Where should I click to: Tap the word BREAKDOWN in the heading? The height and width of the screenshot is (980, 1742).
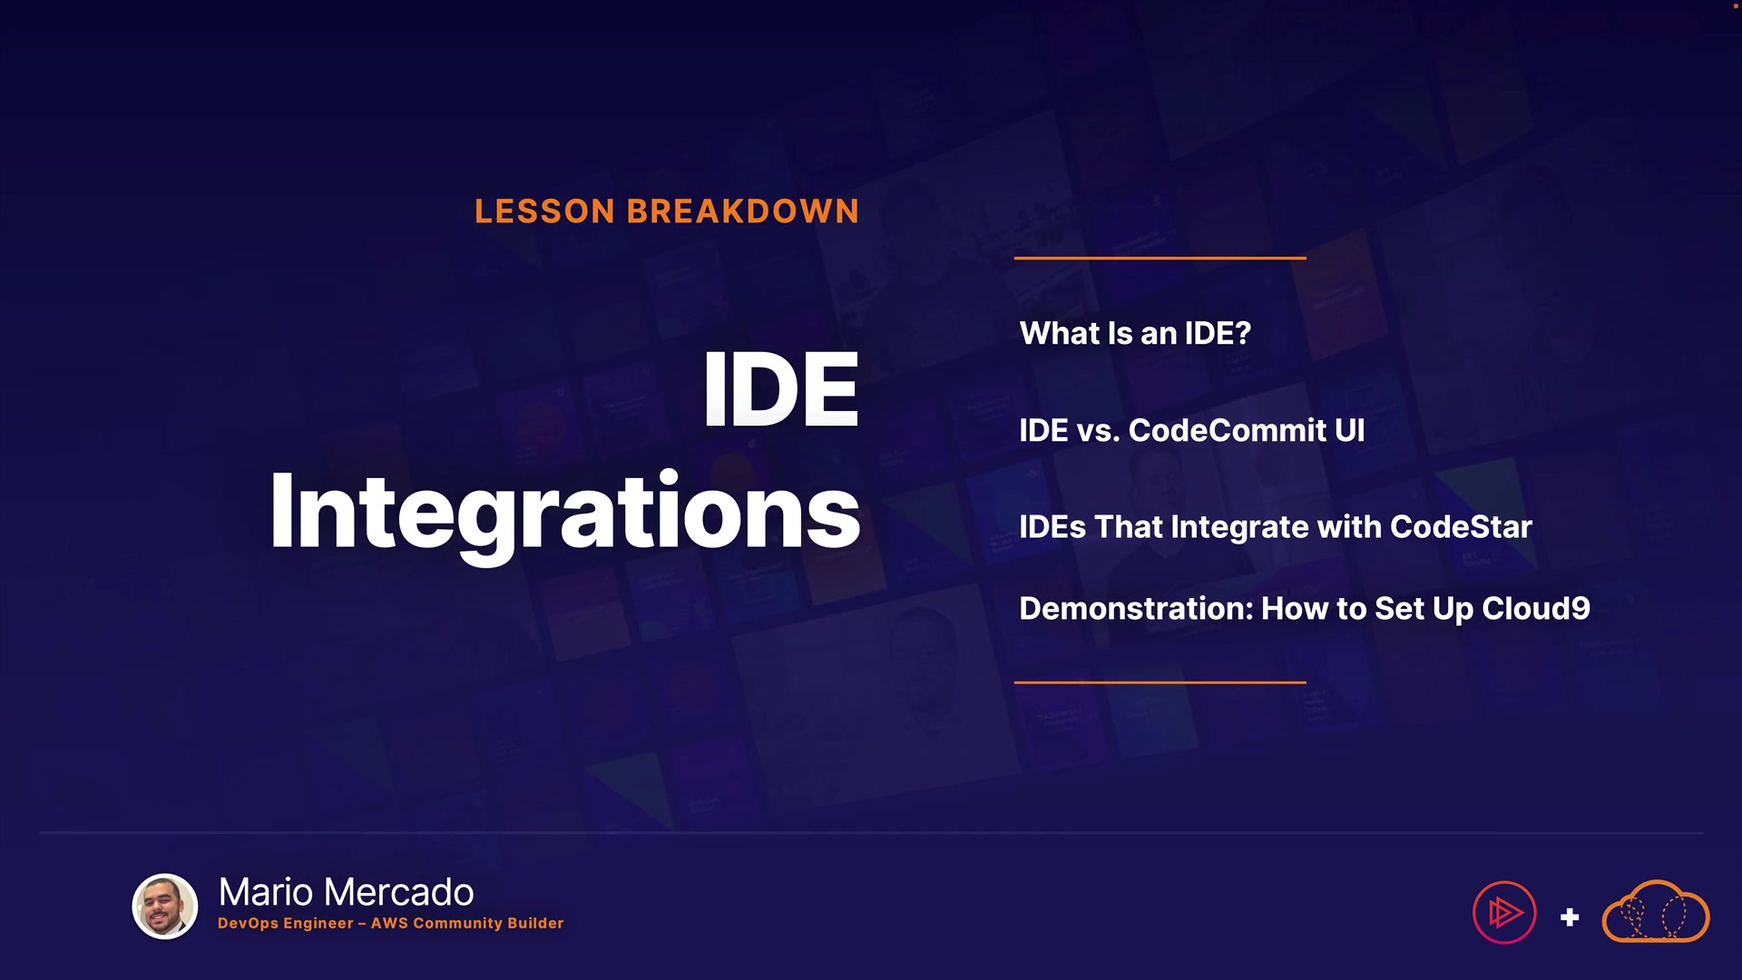(742, 211)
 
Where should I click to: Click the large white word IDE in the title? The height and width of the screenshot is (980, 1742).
(780, 389)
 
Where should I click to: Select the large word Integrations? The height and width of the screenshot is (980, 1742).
(564, 514)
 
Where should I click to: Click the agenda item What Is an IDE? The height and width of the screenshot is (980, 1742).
(1135, 333)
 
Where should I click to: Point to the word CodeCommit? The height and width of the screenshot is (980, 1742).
(1227, 430)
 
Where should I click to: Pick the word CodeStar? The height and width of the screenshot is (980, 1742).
(1461, 527)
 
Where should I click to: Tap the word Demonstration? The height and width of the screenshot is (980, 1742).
(1135, 608)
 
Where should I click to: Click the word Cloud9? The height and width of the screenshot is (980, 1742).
(1535, 608)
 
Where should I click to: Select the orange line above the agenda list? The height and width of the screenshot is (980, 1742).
(1160, 258)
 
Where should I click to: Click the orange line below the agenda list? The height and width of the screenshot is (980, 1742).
(1160, 682)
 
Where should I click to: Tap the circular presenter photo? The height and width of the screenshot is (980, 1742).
(165, 906)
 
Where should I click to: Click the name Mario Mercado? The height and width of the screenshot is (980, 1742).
(346, 892)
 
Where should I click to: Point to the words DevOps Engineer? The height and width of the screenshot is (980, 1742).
(286, 924)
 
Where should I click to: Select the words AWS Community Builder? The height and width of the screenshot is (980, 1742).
(467, 924)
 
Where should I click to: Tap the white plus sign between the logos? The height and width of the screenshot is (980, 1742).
(1570, 917)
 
